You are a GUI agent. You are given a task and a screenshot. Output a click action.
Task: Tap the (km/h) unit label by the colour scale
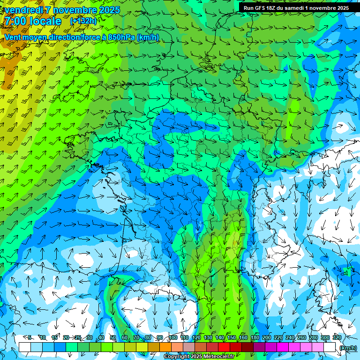(x=347, y=348)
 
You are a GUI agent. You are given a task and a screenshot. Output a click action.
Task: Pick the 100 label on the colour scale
(x=173, y=337)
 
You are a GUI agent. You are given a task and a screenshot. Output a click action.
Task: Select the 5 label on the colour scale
(x=30, y=337)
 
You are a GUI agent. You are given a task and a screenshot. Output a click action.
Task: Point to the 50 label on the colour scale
(x=113, y=337)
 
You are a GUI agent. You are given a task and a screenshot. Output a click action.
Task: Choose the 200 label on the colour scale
(x=267, y=337)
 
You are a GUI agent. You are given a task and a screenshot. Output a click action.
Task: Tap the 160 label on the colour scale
(x=243, y=337)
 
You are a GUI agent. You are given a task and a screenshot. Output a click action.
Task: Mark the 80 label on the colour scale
(x=148, y=337)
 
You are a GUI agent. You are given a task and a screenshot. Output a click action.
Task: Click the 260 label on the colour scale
(x=302, y=337)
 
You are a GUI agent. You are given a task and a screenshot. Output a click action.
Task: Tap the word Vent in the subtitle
(x=13, y=37)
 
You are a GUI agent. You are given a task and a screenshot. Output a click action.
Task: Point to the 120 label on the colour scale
(x=196, y=337)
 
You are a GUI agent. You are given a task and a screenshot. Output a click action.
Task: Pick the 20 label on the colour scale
(x=66, y=337)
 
